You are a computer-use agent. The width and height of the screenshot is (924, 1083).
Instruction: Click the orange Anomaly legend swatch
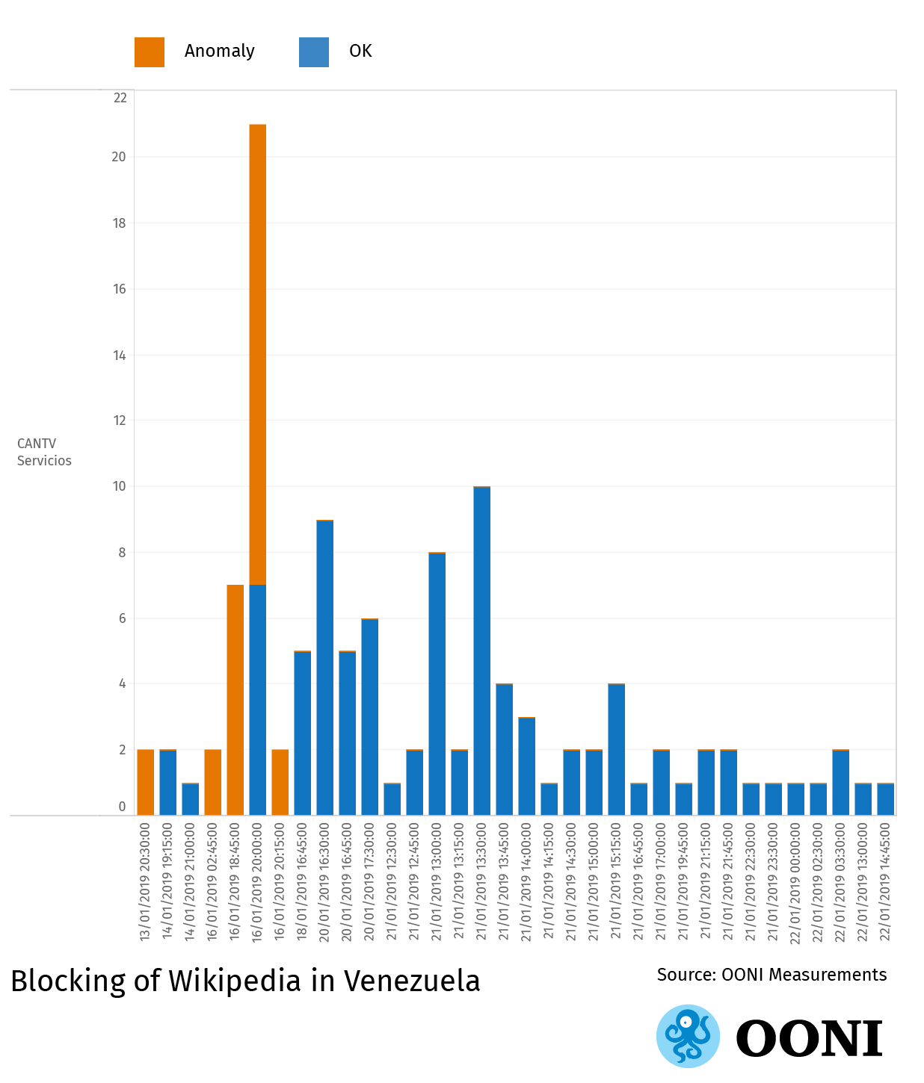(x=150, y=52)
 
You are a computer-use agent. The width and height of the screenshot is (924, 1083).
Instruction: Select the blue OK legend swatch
(x=314, y=52)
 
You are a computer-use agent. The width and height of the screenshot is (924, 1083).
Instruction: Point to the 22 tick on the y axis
(x=120, y=98)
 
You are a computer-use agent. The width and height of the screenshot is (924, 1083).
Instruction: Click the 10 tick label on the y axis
(x=120, y=486)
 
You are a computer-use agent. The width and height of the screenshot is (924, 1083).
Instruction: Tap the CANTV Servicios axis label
(x=44, y=452)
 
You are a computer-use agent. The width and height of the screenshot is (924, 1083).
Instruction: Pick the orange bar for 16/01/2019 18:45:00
(x=235, y=700)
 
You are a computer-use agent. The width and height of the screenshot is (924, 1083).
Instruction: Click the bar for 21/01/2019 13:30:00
(x=481, y=651)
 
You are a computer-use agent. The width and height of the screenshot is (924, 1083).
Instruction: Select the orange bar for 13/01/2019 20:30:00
(x=145, y=782)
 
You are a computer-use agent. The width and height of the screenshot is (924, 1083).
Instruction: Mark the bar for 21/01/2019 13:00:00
(x=437, y=683)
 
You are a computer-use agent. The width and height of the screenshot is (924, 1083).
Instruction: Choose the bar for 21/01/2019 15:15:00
(x=616, y=749)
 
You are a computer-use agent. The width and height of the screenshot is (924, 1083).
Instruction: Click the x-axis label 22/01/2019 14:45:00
(x=885, y=882)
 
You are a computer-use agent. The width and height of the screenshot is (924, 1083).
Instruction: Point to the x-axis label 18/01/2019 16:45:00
(x=302, y=882)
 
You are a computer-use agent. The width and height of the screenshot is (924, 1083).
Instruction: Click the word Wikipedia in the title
(x=235, y=981)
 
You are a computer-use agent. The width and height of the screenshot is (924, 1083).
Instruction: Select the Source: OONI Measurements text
(x=771, y=975)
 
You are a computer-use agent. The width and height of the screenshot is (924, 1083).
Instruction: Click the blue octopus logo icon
(x=688, y=1036)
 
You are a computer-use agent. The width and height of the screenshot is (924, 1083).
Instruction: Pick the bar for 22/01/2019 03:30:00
(x=840, y=782)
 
